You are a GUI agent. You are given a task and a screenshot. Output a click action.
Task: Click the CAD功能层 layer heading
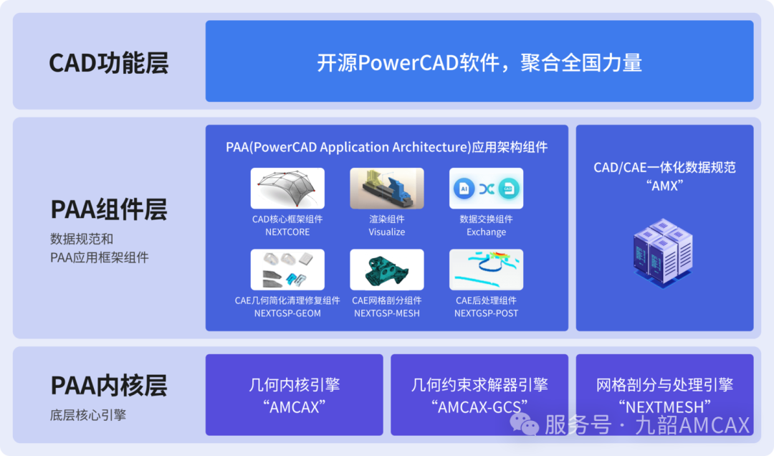109,63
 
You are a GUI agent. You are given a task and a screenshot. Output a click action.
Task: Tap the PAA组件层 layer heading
109,209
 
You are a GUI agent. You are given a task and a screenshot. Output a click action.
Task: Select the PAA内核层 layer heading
109,385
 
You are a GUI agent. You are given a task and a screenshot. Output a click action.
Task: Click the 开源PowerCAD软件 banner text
479,63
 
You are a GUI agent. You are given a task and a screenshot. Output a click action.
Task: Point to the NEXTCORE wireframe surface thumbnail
287,189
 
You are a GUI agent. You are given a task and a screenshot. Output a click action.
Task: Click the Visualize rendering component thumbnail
387,189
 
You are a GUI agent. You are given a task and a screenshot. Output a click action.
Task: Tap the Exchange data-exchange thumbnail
486,189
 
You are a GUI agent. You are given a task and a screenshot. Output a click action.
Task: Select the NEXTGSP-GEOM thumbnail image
287,270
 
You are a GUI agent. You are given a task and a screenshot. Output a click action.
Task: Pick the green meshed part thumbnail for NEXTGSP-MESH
387,270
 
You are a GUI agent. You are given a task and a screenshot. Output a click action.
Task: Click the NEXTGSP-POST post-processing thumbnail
486,270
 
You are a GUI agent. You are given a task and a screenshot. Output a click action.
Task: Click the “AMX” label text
664,186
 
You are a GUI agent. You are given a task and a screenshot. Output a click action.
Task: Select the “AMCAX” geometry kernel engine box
295,395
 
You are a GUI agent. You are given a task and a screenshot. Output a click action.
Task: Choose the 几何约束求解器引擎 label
479,384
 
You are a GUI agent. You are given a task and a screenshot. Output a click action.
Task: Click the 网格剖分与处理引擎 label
664,384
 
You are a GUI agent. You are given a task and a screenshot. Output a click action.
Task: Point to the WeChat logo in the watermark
524,424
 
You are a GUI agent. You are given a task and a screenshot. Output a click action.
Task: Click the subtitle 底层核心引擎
88,415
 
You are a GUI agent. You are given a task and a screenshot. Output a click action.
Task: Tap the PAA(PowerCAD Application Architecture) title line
386,147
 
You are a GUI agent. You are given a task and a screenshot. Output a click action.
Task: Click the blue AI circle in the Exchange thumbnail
464,189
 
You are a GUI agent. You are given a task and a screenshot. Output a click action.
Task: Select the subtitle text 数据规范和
82,239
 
